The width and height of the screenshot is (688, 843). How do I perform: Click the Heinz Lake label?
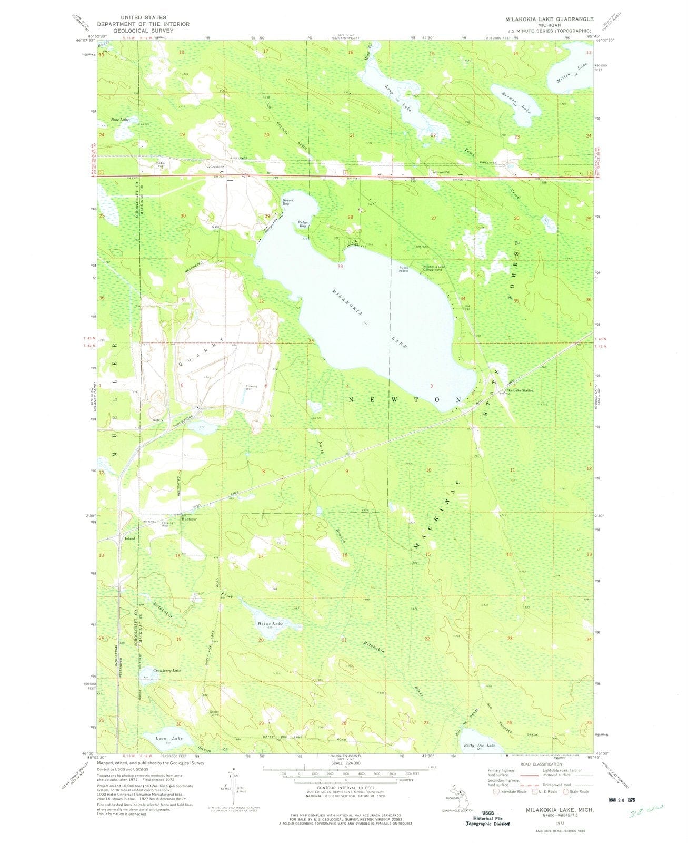(271, 623)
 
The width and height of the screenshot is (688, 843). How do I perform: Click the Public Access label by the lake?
(404, 269)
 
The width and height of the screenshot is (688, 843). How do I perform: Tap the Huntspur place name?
(189, 519)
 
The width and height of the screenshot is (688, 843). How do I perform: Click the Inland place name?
(129, 539)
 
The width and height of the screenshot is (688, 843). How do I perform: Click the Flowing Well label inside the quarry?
(251, 387)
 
